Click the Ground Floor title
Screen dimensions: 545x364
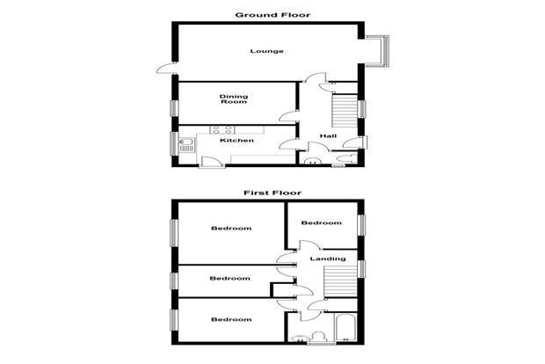[x=272, y=15]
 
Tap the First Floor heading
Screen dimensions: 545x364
[x=272, y=193]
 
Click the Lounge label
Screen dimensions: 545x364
[x=267, y=52]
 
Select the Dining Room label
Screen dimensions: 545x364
[x=234, y=99]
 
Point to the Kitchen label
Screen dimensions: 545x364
[x=237, y=141]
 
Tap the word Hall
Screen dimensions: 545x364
[x=328, y=136]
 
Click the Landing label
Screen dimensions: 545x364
[x=328, y=258]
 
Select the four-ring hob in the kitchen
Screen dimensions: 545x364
[x=222, y=129]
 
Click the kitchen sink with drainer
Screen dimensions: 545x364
[x=186, y=145]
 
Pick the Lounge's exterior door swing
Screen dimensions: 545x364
[x=166, y=69]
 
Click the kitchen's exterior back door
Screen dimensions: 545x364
[x=211, y=163]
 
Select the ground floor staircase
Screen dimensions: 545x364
[x=345, y=111]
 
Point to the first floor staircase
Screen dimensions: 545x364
[x=341, y=282]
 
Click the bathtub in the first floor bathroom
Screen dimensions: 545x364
[x=345, y=327]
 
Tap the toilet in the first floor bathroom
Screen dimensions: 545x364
[x=317, y=338]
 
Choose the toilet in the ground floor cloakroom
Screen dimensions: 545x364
[x=346, y=159]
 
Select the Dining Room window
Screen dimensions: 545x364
[x=174, y=108]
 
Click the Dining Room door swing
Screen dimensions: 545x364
[x=288, y=116]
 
